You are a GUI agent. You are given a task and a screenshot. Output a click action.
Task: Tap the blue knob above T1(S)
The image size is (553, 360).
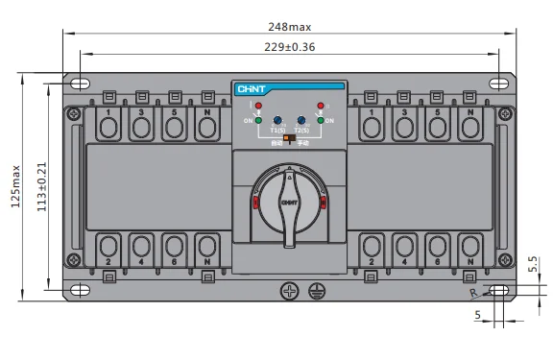(x=276, y=120)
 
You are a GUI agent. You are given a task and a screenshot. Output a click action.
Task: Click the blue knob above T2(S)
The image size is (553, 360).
(x=301, y=120)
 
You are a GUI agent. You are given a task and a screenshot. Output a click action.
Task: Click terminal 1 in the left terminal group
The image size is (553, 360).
(x=108, y=125)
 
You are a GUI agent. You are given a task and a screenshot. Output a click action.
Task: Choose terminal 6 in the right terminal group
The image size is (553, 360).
(x=438, y=248)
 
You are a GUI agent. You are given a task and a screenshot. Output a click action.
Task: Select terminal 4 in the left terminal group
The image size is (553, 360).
(x=141, y=248)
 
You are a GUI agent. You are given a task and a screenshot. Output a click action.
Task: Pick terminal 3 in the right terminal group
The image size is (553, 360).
(x=405, y=125)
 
